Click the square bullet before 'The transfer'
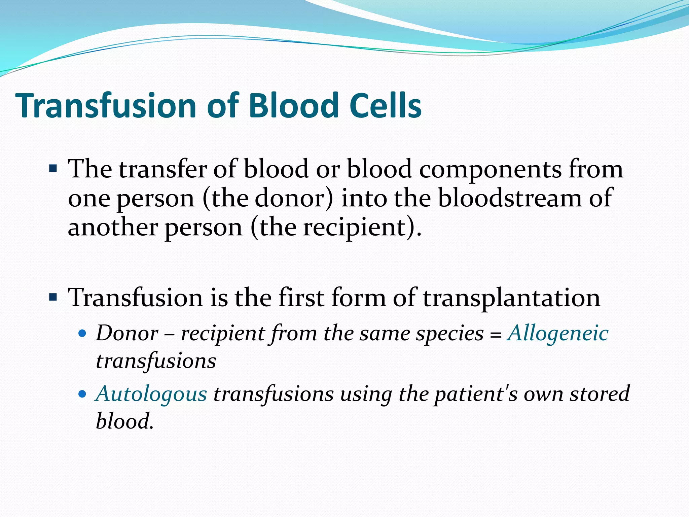[53, 168]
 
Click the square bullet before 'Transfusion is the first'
[53, 297]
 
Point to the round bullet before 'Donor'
[82, 334]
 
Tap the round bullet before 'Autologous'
[82, 394]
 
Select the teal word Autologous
[151, 394]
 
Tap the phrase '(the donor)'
[268, 198]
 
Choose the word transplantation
[511, 298]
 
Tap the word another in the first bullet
[113, 228]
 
